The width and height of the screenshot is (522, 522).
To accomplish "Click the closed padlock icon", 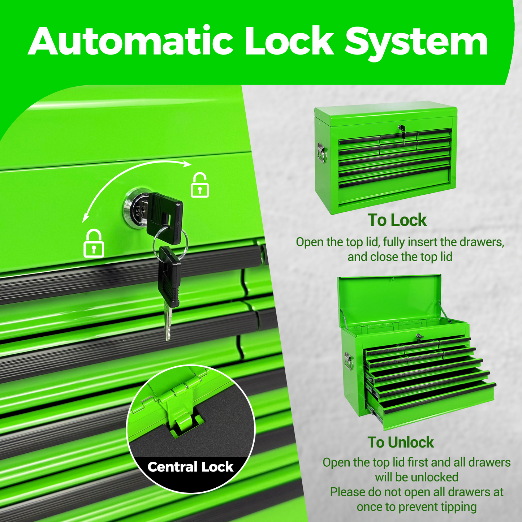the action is (x=94, y=243).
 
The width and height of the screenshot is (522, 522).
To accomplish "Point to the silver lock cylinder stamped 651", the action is (x=135, y=208).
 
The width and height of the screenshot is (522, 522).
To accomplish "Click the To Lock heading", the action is (x=397, y=220).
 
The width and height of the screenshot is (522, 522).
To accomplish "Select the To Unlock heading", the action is (x=401, y=443).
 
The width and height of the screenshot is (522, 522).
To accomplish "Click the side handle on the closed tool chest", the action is (x=322, y=153).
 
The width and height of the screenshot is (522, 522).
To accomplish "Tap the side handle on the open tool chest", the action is (x=348, y=361).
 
